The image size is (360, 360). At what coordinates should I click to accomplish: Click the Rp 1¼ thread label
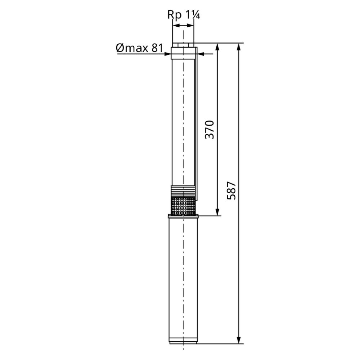[184, 15]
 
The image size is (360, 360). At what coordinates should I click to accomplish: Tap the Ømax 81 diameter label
[140, 48]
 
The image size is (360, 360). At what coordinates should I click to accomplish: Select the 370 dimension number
[210, 130]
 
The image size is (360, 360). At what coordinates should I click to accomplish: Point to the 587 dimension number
[231, 190]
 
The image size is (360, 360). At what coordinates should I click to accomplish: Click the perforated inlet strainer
[183, 206]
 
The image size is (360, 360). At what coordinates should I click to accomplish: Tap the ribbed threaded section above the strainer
[183, 191]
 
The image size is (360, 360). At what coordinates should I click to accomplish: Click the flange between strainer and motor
[183, 216]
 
